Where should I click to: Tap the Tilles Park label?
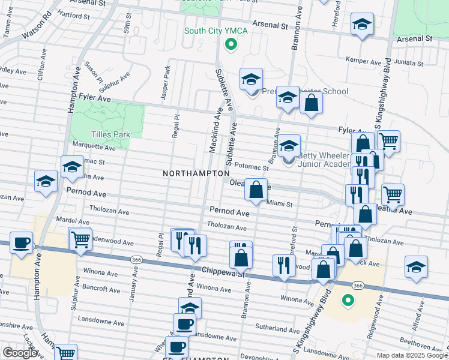point(110,134)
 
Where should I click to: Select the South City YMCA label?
point(211,31)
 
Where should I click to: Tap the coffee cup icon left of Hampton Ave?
point(22,243)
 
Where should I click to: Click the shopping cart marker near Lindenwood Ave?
point(80,239)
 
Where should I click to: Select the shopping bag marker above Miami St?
point(256,190)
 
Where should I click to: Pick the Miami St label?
point(279,204)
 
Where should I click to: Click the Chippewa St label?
point(224,272)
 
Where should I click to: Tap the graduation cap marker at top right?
point(361,25)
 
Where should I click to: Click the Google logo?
point(20,353)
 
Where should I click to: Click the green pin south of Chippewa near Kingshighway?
point(348,299)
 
